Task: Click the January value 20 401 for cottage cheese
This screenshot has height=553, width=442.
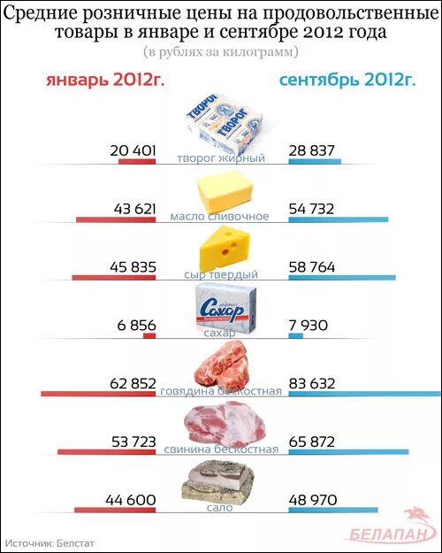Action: coord(133,150)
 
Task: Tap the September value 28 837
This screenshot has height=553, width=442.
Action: coord(312,150)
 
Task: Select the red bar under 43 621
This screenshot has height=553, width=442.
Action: coord(116,219)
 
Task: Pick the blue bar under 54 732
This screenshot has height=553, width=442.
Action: coord(337,219)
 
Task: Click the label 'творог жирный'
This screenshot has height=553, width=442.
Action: coord(221,158)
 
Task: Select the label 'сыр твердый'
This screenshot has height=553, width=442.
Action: coord(221,275)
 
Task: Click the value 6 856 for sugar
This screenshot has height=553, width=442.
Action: coord(136,325)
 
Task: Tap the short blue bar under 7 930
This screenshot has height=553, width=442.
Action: coord(295,336)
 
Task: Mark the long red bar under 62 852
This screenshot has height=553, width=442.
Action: coord(98,394)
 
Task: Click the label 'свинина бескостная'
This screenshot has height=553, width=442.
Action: coord(221,449)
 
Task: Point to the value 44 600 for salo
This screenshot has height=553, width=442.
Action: coord(130,500)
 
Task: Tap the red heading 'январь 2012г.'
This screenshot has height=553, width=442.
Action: coord(105,81)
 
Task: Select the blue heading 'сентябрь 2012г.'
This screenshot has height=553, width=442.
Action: coord(347,81)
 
